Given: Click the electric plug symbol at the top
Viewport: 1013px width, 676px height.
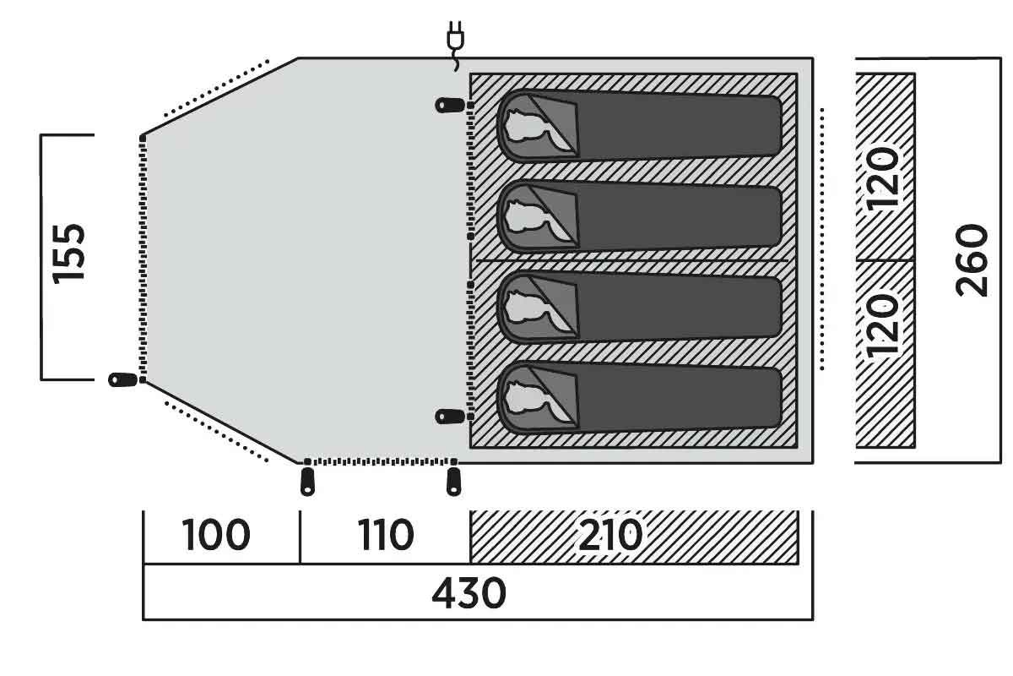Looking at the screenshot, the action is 455,36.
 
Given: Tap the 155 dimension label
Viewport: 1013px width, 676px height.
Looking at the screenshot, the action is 68,254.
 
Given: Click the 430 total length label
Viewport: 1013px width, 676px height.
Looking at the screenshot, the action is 469,593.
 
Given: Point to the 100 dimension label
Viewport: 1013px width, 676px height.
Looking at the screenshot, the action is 216,535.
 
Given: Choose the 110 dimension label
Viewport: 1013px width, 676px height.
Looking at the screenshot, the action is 386,535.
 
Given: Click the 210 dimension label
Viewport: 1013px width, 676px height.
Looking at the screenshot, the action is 610,535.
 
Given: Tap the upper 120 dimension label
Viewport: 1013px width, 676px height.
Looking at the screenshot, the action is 882,178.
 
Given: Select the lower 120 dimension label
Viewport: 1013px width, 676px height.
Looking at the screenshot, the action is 882,324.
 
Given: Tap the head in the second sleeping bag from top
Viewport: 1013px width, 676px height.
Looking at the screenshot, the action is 524,216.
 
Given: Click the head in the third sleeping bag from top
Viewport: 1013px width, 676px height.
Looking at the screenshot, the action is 524,307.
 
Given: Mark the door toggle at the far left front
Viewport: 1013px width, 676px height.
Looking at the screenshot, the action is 122,379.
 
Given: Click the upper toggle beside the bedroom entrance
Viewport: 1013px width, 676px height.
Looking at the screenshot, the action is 450,106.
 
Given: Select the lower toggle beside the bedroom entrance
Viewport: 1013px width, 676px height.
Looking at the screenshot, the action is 450,416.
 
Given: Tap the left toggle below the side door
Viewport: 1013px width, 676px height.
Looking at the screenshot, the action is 307,482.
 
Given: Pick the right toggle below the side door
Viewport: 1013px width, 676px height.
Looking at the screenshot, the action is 453,482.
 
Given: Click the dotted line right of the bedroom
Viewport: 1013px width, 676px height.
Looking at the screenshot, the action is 821,239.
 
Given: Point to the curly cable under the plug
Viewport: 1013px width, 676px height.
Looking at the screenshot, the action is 456,61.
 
